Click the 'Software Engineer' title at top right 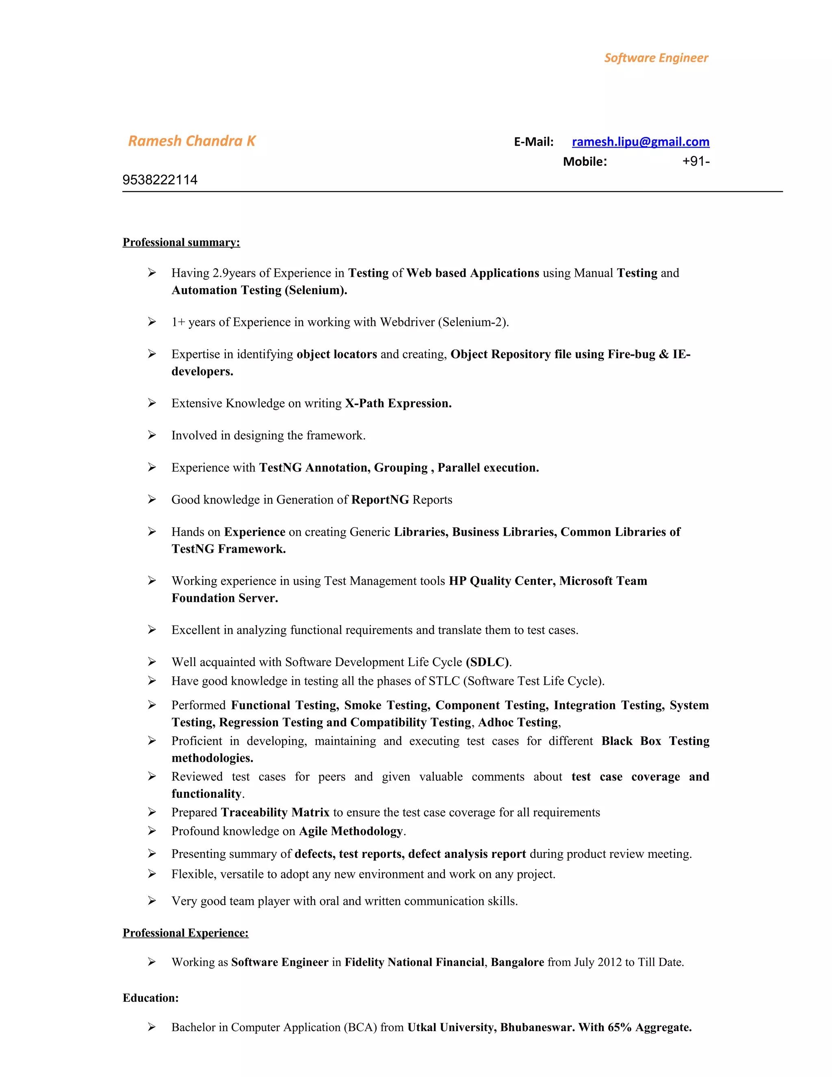(656, 58)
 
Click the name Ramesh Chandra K (192, 141)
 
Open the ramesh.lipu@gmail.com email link (640, 142)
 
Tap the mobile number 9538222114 (160, 180)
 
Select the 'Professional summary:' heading (181, 242)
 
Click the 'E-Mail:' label (533, 142)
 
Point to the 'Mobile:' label (585, 162)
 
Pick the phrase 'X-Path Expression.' (398, 404)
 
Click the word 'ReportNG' (379, 500)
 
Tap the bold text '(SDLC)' (487, 662)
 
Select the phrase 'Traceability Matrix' (275, 813)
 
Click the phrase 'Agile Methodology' (351, 832)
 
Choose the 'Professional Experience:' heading (185, 933)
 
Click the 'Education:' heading (150, 998)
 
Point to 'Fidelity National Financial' (414, 962)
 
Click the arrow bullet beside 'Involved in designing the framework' (152, 435)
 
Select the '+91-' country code (695, 162)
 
